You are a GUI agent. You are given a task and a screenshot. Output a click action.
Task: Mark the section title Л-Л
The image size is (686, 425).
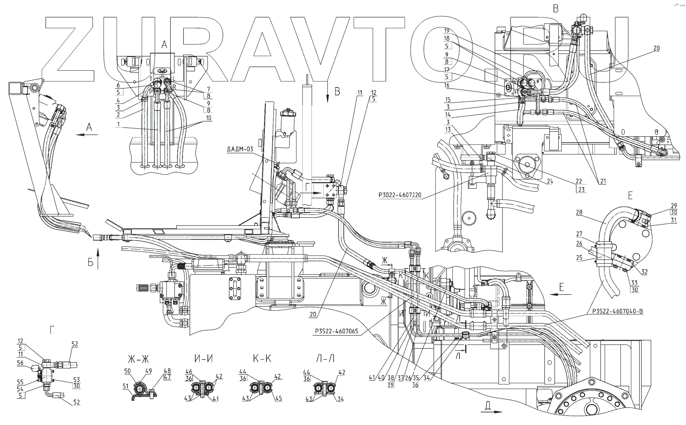coord(323,358)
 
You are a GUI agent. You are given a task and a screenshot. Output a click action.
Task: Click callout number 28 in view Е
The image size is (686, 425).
coord(579,212)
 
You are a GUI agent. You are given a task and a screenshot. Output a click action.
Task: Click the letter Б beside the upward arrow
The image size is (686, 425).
coord(90,263)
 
